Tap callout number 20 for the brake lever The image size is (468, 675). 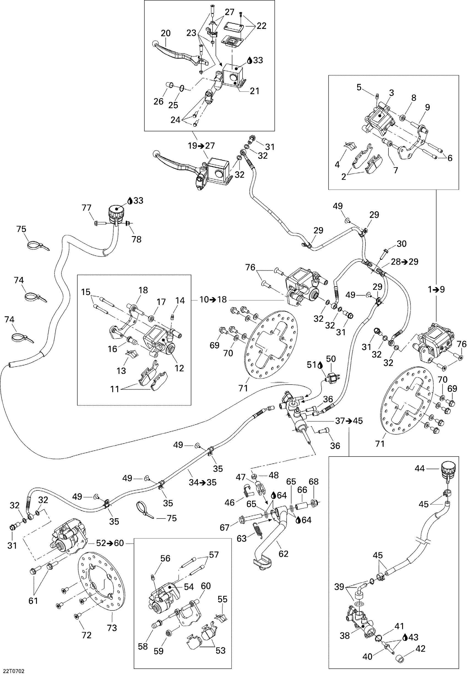[166, 33]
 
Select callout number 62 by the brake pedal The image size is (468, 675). [283, 553]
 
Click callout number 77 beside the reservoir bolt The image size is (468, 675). [86, 208]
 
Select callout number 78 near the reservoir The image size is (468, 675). [136, 239]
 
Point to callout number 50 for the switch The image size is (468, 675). [331, 359]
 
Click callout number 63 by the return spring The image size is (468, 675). [242, 538]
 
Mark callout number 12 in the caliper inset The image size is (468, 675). [179, 368]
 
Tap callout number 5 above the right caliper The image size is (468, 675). [359, 87]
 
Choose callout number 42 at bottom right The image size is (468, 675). [420, 648]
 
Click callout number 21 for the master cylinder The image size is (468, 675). [255, 91]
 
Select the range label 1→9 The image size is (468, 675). [436, 289]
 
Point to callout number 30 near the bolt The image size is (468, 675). [401, 244]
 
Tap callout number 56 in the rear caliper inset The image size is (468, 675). [165, 558]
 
